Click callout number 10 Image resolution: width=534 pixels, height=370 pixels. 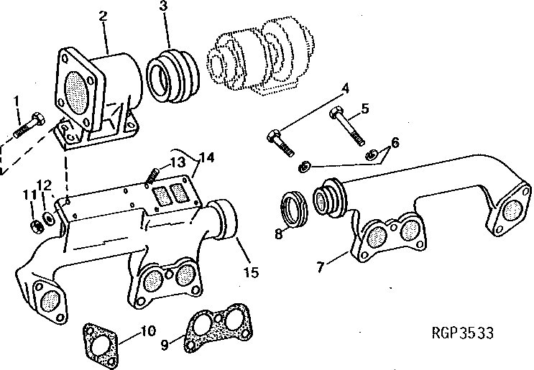coord(147,331)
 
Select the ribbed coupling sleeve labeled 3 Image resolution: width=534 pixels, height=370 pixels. coord(170,73)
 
